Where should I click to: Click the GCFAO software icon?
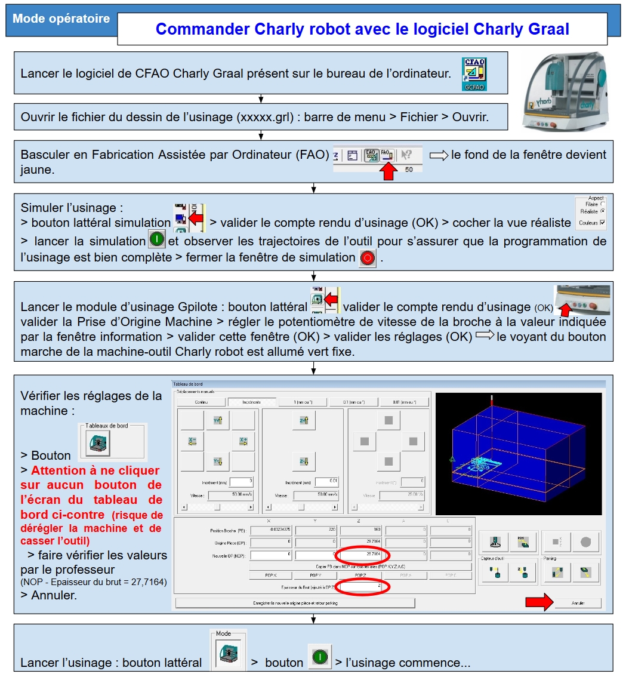pos(474,75)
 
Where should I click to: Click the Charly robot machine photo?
pos(565,91)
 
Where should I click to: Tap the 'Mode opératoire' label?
pos(61,19)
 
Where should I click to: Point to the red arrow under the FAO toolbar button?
pos(390,172)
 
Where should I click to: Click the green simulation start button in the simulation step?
pos(157,241)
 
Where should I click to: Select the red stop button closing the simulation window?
pos(368,259)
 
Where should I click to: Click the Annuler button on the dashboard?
pos(577,603)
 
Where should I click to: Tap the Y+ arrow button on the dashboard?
pos(217,421)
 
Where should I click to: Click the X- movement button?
pos(192,442)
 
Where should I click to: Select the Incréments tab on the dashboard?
pos(252,402)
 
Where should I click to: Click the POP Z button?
pos(360,575)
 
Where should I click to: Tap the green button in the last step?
pos(320,657)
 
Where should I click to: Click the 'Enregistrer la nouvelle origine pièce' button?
pos(295,603)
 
